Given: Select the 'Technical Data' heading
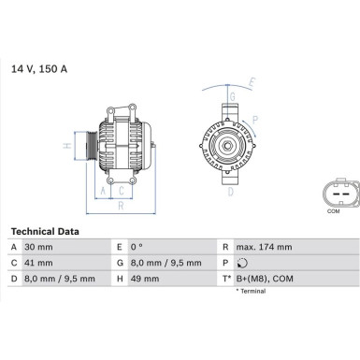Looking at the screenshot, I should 44,231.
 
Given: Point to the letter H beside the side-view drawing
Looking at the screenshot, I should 67,146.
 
